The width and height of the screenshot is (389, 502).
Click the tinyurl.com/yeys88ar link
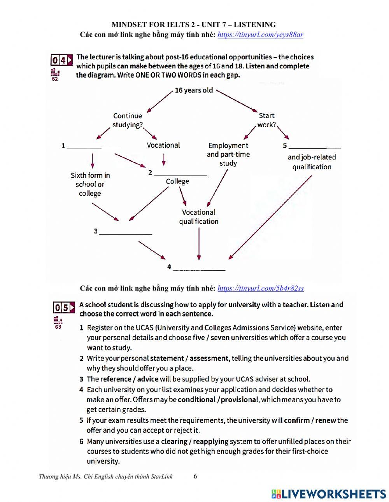pyautogui.click(x=260, y=35)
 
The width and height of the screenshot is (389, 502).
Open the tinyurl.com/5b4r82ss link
pyautogui.click(x=261, y=288)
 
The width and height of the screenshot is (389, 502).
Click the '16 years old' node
pyautogui.click(x=194, y=90)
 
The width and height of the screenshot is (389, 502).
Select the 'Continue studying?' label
pyautogui.click(x=128, y=120)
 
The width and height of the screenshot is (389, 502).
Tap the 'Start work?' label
pyautogui.click(x=266, y=120)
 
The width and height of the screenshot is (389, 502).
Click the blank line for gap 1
pyautogui.click(x=93, y=146)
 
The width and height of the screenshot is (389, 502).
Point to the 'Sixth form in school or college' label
pyautogui.click(x=90, y=184)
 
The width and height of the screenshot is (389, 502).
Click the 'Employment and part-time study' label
pyautogui.click(x=228, y=154)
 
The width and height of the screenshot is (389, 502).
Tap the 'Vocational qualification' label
pyautogui.click(x=199, y=217)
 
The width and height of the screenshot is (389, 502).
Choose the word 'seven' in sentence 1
pyautogui.click(x=220, y=338)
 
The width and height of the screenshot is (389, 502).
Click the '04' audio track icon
pyautogui.click(x=61, y=60)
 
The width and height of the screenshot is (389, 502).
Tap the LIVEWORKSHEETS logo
pyautogui.click(x=329, y=493)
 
